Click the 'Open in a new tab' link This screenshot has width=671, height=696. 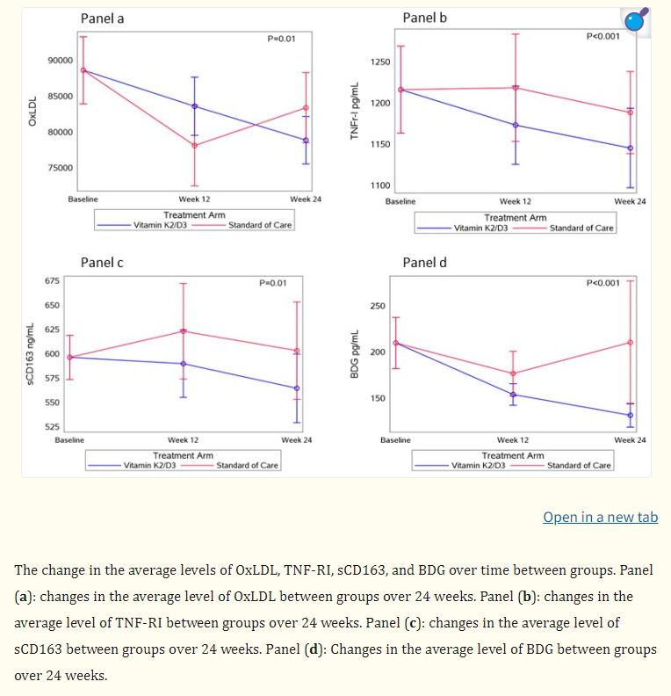(x=600, y=517)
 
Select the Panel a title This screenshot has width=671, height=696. (x=102, y=18)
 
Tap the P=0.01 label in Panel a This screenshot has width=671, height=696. (x=281, y=39)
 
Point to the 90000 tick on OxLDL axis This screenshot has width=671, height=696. (x=61, y=61)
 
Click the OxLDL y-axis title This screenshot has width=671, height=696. (x=32, y=112)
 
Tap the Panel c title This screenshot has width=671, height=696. (x=102, y=262)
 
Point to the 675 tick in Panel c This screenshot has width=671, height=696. (x=53, y=281)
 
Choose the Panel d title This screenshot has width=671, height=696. (x=425, y=262)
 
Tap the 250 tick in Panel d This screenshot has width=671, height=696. (x=378, y=306)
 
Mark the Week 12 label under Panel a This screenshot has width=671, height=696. (x=194, y=199)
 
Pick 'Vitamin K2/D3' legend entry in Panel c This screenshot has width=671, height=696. (x=149, y=465)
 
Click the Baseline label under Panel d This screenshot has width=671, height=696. (x=395, y=439)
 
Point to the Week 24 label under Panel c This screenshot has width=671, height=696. (x=296, y=439)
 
